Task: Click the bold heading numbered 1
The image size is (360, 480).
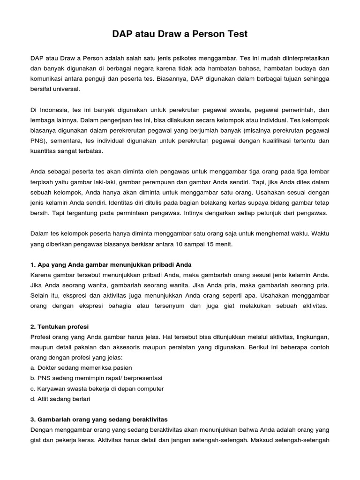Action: coord(111,264)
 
